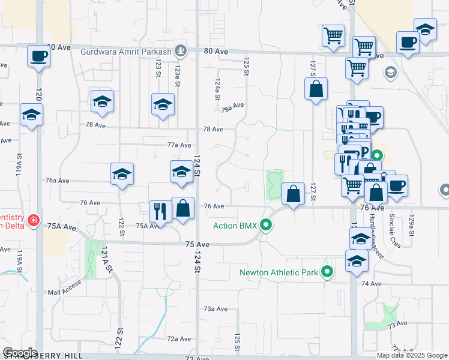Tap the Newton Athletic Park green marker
(327, 272)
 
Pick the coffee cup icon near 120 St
(38, 56)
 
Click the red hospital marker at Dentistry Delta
(34, 221)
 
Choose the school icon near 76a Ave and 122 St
(122, 174)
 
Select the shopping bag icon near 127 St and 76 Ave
(293, 194)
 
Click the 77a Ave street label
(179, 145)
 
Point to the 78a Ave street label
(232, 107)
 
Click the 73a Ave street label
(215, 309)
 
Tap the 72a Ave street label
(179, 339)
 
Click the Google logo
(20, 353)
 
